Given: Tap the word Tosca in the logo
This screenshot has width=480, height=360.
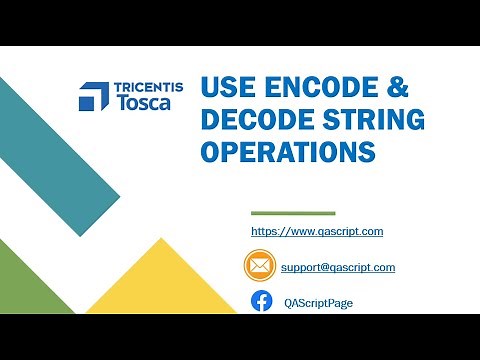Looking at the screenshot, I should point(140,102).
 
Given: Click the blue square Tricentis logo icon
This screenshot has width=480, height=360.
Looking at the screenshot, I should point(93,95).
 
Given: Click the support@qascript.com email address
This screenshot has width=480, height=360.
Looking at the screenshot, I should point(338,267).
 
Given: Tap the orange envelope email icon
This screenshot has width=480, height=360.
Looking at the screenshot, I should point(259,267).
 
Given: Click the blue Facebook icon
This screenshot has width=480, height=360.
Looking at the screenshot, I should point(261,301).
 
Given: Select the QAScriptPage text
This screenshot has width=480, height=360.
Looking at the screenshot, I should point(318,302).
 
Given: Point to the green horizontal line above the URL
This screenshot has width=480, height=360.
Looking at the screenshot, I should point(292,213).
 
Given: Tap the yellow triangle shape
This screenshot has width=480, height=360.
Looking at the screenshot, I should point(165,290).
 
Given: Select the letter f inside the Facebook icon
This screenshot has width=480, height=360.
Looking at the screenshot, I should point(262,302).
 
